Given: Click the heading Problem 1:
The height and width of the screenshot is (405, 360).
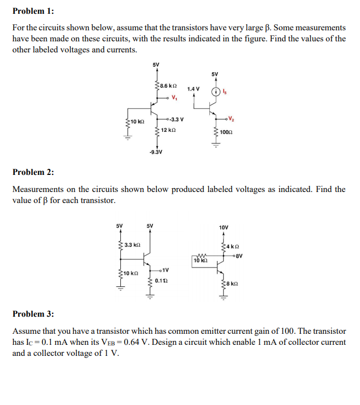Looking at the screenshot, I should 34,10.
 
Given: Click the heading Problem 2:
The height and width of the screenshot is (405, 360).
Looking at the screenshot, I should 34,172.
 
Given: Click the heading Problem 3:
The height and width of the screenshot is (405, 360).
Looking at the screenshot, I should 34,314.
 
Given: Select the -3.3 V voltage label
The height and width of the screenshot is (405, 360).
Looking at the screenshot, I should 177,119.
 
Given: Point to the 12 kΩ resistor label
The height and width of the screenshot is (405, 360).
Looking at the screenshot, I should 168,130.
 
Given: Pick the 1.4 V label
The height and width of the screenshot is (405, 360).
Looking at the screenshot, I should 194,88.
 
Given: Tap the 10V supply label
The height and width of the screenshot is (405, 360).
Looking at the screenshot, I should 223,227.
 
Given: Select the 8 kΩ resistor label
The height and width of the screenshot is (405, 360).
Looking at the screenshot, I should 232,284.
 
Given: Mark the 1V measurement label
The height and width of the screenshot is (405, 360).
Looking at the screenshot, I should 165,270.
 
